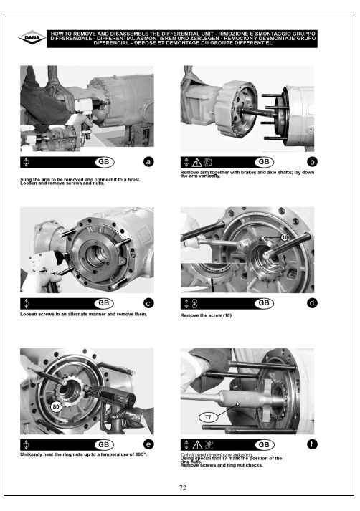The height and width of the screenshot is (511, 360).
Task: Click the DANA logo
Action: (x=32, y=38)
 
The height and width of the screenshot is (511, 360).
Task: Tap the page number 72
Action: (x=183, y=487)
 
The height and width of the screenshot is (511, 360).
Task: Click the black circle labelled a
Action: (x=148, y=162)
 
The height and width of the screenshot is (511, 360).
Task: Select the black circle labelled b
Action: (x=312, y=162)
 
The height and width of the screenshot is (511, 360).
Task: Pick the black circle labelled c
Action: (x=148, y=303)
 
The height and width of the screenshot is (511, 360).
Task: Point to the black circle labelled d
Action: (x=312, y=303)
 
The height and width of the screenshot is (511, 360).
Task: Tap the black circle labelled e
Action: (x=148, y=444)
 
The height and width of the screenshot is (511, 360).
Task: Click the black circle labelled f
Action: (x=312, y=444)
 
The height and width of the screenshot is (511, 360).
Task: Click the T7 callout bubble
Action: (x=208, y=417)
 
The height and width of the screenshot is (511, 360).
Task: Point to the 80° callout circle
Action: (x=57, y=406)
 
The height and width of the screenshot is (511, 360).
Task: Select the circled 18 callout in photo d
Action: (x=285, y=237)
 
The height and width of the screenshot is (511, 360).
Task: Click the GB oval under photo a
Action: (x=104, y=162)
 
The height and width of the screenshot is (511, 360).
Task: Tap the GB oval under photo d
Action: (x=264, y=303)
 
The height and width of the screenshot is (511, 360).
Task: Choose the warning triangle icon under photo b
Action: (x=197, y=162)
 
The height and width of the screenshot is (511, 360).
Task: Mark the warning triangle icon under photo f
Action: (x=197, y=445)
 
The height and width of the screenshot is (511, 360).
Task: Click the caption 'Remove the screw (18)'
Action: (x=206, y=315)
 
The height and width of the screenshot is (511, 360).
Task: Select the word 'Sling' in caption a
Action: (x=26, y=179)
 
